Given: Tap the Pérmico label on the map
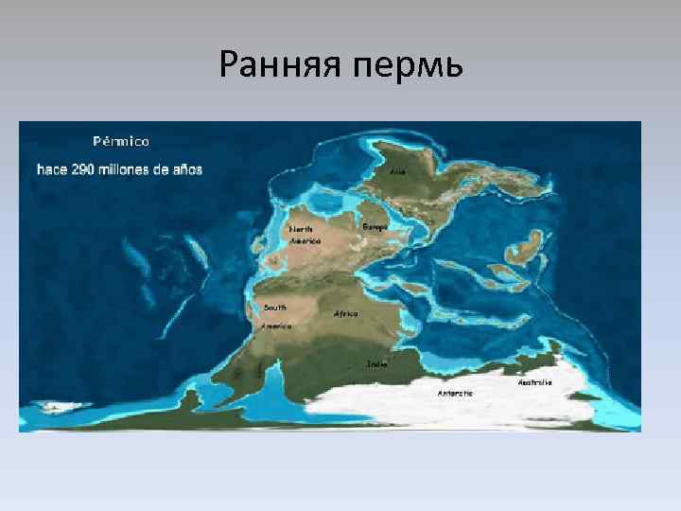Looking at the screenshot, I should (120, 141).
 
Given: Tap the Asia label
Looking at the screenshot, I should (397, 172).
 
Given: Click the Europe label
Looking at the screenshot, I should (375, 227).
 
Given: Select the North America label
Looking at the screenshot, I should (304, 235).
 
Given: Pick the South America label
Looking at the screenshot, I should (275, 316).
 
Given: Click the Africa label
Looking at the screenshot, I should (345, 313).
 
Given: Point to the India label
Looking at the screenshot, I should (376, 363).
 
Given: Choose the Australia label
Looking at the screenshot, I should (534, 382).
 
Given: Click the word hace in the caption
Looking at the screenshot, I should (51, 170).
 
